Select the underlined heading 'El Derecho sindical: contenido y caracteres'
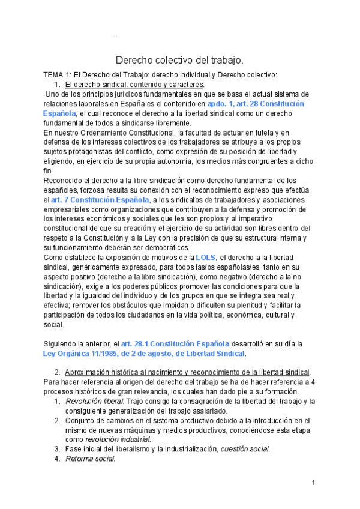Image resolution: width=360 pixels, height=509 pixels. tap(134, 85)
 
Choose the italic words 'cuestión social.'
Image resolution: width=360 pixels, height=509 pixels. tap(245, 448)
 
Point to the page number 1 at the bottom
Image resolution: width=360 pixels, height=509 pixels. tap(314, 483)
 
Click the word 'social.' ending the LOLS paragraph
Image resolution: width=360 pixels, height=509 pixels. tap(53, 325)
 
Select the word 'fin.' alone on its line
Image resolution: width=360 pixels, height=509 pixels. tap(49, 171)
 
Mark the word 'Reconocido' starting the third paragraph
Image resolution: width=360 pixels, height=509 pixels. tap(65, 181)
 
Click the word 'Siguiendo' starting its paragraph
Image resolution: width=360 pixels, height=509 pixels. tap(63, 344)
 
